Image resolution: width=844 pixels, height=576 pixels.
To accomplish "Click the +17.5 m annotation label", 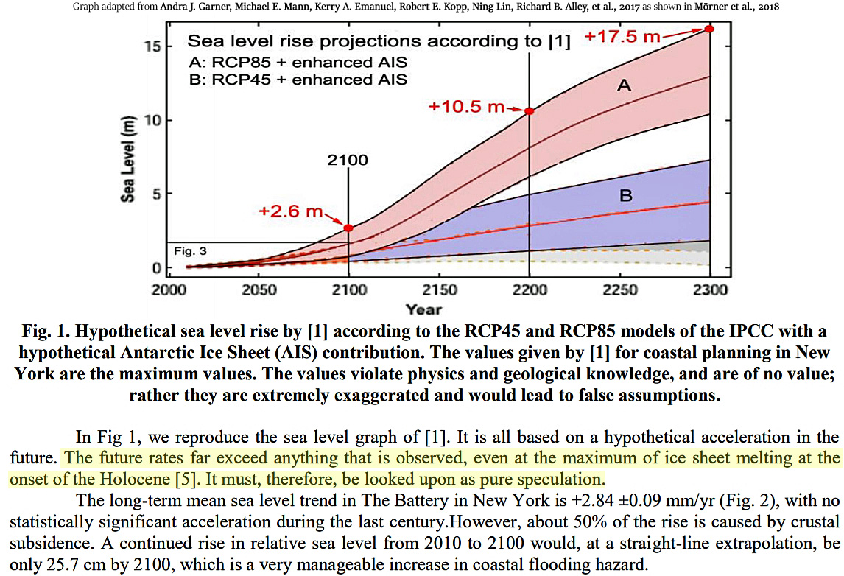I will pyautogui.click(x=622, y=36).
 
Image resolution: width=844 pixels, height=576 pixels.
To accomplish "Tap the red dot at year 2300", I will pyautogui.click(x=709, y=28).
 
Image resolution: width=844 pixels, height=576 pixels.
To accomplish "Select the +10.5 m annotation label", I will pyautogui.click(x=468, y=107).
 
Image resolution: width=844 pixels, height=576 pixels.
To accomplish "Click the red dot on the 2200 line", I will pyautogui.click(x=529, y=110).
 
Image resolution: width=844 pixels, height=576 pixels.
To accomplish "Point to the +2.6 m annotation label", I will pyautogui.click(x=292, y=211).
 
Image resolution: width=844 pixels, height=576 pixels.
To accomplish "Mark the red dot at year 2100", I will pyautogui.click(x=348, y=228).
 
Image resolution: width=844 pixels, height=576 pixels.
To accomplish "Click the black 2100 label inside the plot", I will pyautogui.click(x=348, y=159).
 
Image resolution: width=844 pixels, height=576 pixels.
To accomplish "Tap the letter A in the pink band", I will pyautogui.click(x=624, y=86).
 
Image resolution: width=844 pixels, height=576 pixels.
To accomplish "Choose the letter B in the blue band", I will pyautogui.click(x=625, y=195).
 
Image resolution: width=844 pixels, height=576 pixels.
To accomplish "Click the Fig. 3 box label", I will pyautogui.click(x=190, y=251).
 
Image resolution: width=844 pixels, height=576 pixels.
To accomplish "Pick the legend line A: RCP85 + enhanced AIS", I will pyautogui.click(x=298, y=62).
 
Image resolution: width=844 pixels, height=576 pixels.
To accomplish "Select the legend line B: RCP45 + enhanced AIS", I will pyautogui.click(x=298, y=80).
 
